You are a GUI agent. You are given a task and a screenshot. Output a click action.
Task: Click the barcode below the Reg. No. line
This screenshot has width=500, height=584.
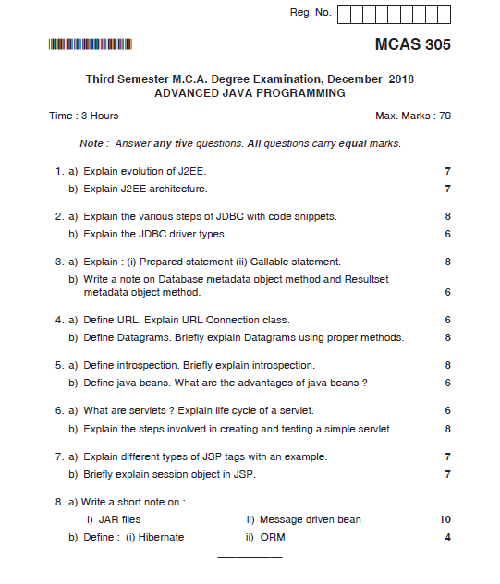click(91, 43)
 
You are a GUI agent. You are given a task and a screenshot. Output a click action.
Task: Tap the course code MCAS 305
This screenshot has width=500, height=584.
click(412, 44)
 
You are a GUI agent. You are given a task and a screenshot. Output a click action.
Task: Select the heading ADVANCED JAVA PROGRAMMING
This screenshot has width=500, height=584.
click(250, 93)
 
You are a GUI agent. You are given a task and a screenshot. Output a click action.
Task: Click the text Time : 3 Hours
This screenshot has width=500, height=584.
click(83, 116)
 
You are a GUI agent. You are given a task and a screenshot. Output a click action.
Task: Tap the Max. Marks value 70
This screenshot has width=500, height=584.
click(445, 116)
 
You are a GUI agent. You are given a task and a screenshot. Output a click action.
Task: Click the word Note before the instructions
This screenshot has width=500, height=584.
click(91, 143)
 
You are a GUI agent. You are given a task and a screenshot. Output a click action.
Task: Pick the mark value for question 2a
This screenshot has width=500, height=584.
click(447, 216)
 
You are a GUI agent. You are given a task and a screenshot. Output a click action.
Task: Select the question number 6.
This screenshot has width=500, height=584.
click(57, 410)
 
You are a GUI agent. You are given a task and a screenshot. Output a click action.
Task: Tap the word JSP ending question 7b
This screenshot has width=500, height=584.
click(245, 474)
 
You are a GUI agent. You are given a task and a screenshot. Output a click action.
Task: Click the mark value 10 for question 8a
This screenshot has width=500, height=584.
click(445, 519)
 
